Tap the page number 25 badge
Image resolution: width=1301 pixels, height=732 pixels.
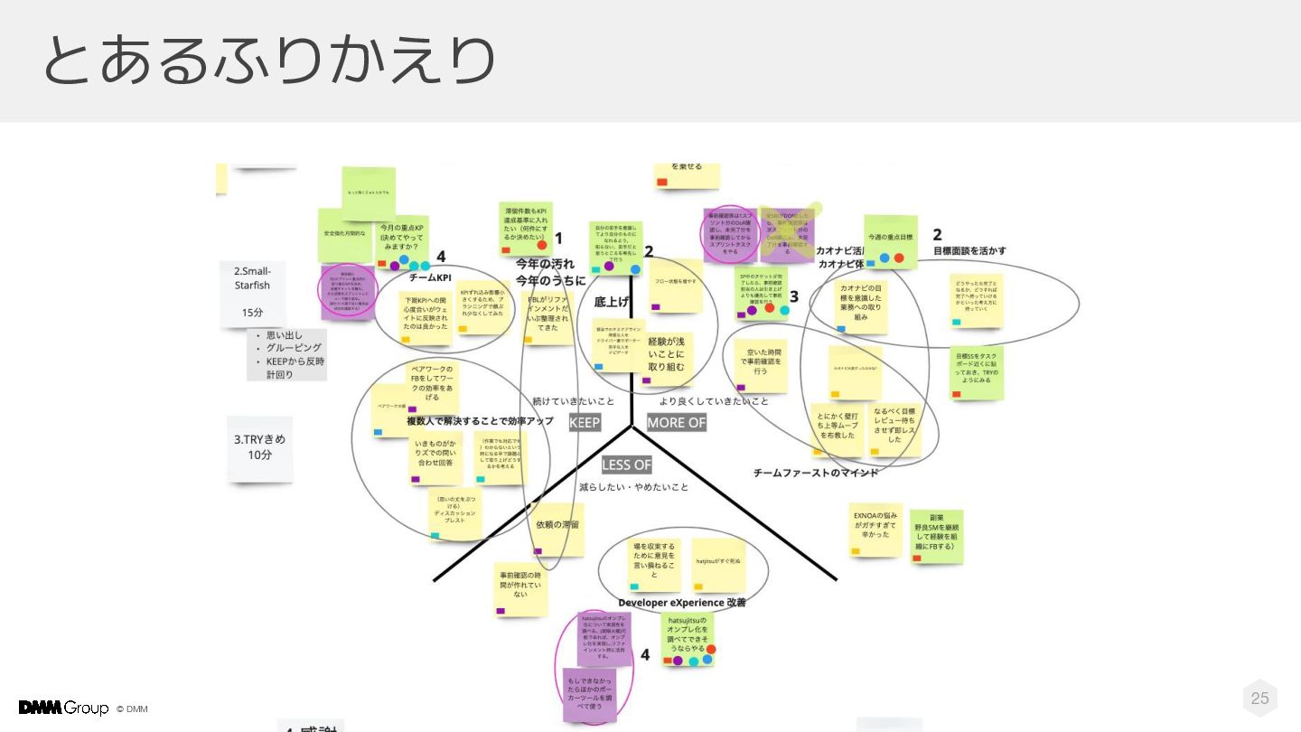[x=1259, y=698]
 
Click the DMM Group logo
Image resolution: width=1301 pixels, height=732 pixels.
[x=63, y=708]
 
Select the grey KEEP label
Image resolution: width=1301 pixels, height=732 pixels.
[x=585, y=422]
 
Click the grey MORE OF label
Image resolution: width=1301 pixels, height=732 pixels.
[x=676, y=422]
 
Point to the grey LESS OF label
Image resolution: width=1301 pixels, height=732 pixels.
[x=626, y=465]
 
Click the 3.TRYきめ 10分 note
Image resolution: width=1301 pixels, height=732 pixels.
[x=260, y=447]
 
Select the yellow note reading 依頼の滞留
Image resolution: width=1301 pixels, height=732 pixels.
[x=557, y=529]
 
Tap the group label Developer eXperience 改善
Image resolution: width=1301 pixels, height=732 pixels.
[x=681, y=602]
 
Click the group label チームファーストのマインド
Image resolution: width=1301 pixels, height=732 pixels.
[x=815, y=472]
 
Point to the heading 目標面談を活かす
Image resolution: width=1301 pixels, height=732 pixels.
[x=969, y=250]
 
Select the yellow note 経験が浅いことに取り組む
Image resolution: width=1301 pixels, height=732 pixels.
[x=666, y=353]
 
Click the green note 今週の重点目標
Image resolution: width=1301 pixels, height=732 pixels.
[x=890, y=239]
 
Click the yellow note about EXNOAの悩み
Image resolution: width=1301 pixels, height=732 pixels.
[x=875, y=530]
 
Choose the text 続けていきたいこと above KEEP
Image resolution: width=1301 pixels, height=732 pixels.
[x=573, y=400]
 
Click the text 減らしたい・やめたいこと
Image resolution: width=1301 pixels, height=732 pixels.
[x=633, y=487]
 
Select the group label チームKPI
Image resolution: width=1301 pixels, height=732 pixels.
[x=430, y=277]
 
